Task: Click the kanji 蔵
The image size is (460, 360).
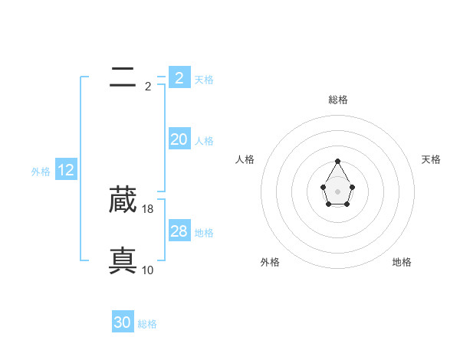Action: click(123, 200)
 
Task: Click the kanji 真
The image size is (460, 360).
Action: click(123, 261)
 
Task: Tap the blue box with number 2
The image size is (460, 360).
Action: click(179, 77)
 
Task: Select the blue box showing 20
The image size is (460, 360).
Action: click(179, 139)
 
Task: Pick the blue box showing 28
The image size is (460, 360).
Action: click(179, 231)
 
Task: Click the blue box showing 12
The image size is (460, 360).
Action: click(65, 170)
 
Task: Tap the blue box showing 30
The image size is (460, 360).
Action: click(123, 322)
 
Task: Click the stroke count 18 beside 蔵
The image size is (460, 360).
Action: click(148, 208)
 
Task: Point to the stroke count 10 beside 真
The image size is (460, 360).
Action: click(148, 270)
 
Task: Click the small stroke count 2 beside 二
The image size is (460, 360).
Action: click(148, 86)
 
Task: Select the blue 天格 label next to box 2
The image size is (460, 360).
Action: click(204, 79)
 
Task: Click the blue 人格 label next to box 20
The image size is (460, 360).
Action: click(204, 141)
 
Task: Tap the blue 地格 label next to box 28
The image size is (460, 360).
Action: click(204, 233)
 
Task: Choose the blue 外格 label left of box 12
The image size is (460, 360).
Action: click(41, 172)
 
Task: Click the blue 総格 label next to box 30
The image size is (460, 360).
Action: click(147, 325)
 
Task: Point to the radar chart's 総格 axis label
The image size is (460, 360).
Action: click(338, 100)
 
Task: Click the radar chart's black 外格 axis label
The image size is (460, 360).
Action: click(270, 262)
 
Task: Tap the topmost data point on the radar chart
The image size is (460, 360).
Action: click(338, 161)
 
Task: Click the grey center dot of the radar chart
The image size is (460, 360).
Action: click(338, 191)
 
